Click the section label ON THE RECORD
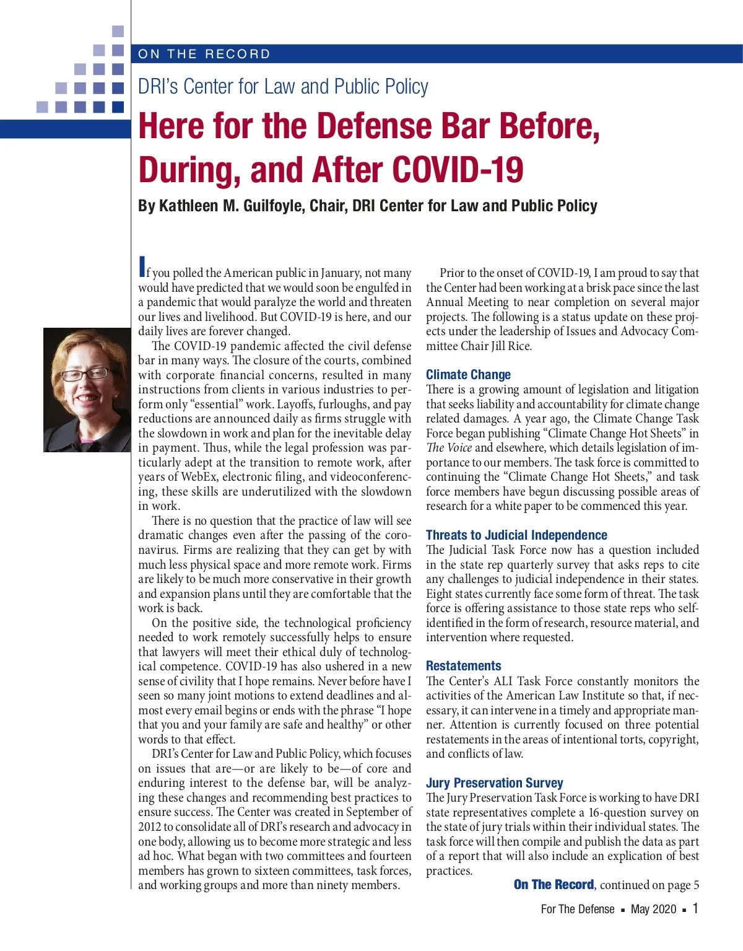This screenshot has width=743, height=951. [x=204, y=54]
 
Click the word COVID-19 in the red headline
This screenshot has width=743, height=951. [x=458, y=170]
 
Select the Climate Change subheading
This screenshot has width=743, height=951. [x=468, y=374]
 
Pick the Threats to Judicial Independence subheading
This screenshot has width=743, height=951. [x=516, y=535]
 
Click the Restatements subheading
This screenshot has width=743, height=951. [x=463, y=665]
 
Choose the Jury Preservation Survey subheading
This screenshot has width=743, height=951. [x=494, y=782]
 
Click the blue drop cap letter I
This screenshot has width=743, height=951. [x=142, y=267]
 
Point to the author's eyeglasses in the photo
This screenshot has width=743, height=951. [x=86, y=374]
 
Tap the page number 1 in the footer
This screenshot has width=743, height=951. [x=695, y=908]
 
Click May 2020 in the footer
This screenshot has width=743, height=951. [x=653, y=909]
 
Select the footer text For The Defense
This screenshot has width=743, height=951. [x=577, y=909]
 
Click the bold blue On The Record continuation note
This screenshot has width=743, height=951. [x=554, y=885]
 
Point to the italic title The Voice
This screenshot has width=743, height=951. [x=449, y=448]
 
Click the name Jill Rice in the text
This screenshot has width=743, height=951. [x=511, y=346]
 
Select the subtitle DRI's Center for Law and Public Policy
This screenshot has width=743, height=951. [x=283, y=87]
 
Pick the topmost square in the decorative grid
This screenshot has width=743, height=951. [x=118, y=31]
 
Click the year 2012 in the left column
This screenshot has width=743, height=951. [x=150, y=827]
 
